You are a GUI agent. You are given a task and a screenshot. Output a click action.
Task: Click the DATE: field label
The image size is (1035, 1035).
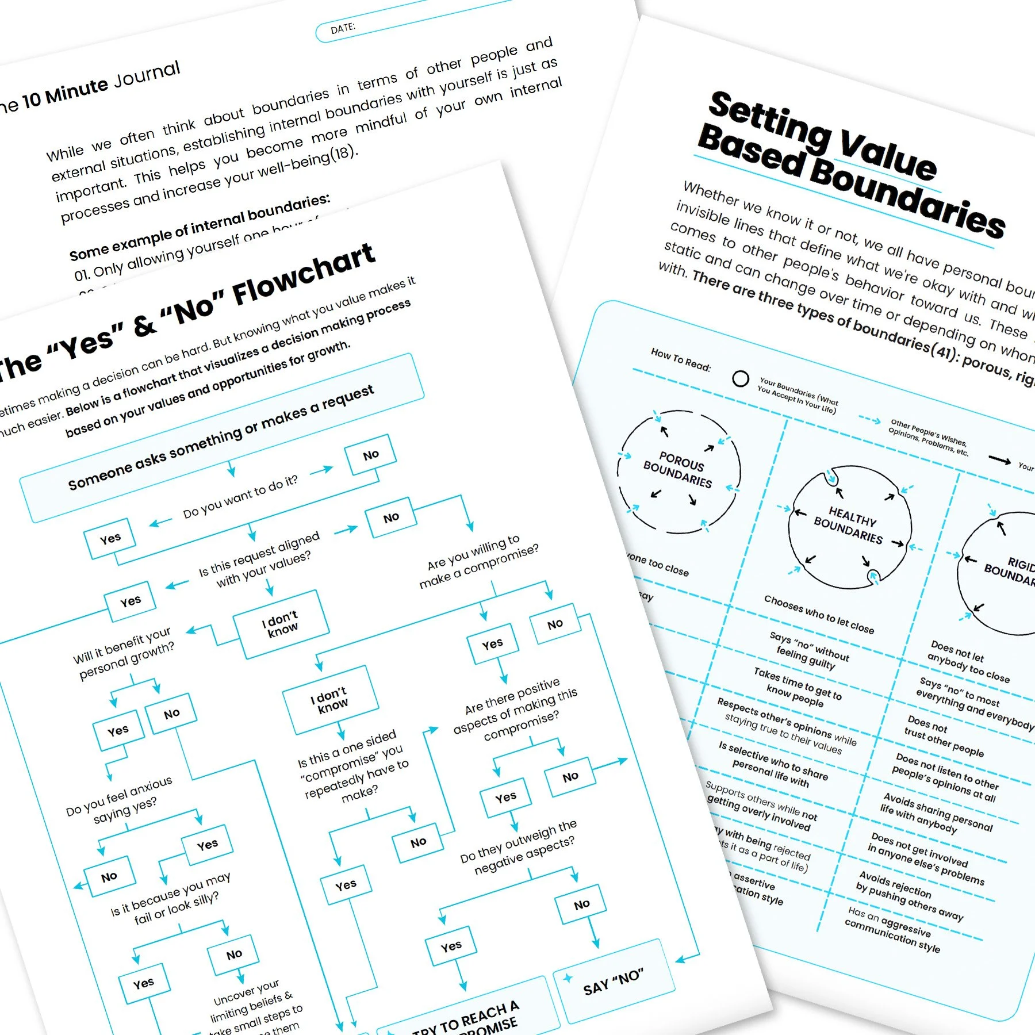tap(343, 28)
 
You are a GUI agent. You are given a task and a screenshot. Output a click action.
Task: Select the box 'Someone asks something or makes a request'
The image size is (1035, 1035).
tap(221, 438)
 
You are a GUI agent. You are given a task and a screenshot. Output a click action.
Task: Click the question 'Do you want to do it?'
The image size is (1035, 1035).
tap(240, 496)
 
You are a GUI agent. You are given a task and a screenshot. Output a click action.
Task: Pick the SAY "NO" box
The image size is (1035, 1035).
tap(613, 981)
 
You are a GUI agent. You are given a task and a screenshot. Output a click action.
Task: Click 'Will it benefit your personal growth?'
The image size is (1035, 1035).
tap(124, 653)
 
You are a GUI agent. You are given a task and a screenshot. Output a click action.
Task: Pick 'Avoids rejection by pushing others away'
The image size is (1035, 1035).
tap(909, 895)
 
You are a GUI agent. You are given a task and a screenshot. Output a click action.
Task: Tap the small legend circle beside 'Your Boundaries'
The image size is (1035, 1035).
tap(741, 378)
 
